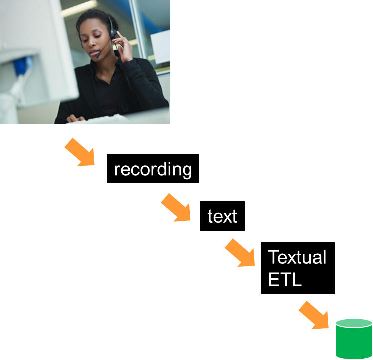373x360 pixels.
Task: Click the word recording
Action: (153, 169)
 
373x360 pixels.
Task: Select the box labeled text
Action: (222, 216)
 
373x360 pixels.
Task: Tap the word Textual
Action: (297, 257)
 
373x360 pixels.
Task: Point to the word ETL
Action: (285, 280)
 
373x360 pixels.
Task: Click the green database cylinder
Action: (354, 341)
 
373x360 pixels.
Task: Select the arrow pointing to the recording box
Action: (80, 152)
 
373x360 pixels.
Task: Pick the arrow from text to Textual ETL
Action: (240, 253)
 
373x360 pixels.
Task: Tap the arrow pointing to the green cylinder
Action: (314, 315)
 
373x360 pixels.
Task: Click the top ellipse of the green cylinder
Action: (354, 323)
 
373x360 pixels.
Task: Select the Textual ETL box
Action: (297, 268)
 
